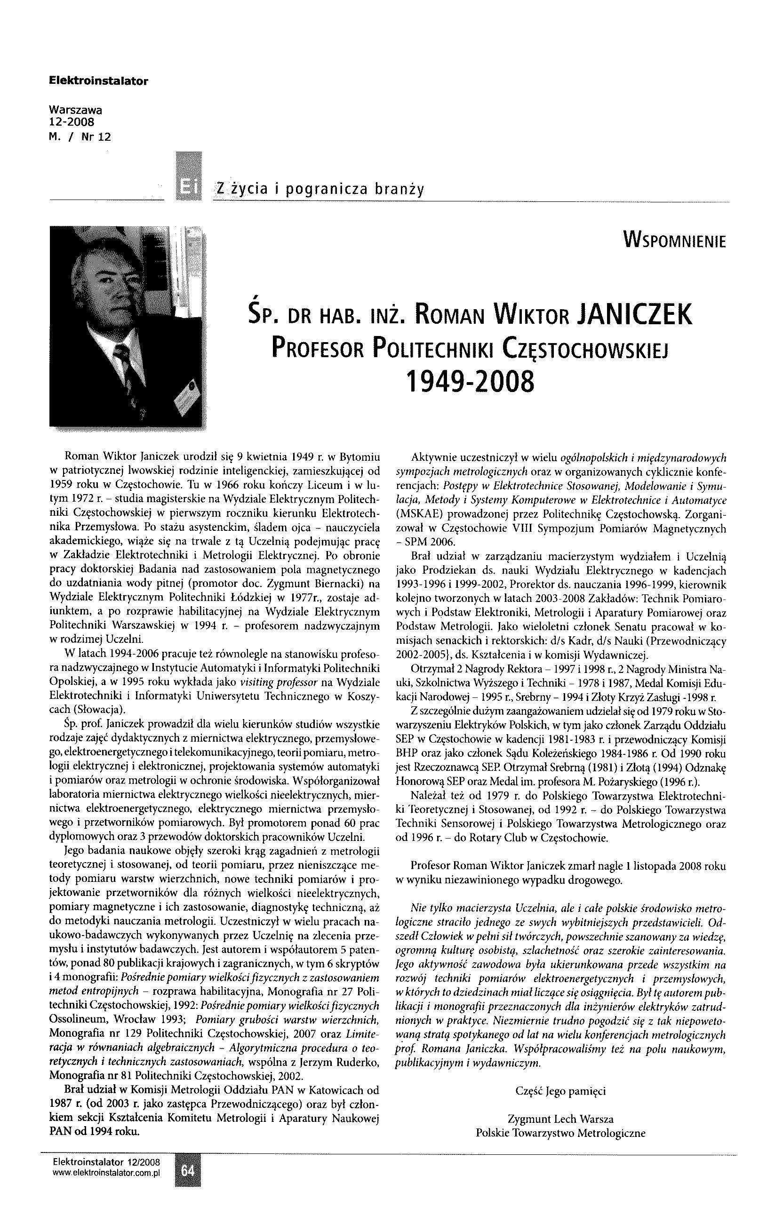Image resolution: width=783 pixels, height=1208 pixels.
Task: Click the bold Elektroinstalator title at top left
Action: coord(98,80)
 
